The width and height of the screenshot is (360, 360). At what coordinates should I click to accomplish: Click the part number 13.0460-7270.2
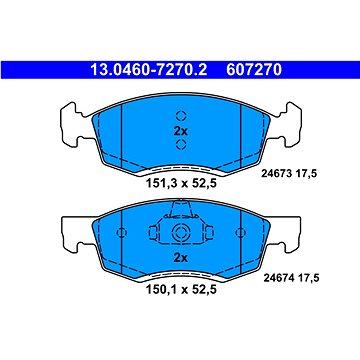click(x=148, y=70)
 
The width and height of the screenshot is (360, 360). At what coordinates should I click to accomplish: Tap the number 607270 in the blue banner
click(x=254, y=70)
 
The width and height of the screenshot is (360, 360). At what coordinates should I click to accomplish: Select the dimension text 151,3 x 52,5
click(x=181, y=183)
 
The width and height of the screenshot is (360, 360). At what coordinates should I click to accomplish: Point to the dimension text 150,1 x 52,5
click(x=181, y=289)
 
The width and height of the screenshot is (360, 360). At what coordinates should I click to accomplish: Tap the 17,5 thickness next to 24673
click(x=305, y=173)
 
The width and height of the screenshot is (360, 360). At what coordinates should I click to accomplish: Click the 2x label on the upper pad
click(x=181, y=131)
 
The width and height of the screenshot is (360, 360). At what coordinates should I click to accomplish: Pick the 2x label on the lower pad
click(x=181, y=258)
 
